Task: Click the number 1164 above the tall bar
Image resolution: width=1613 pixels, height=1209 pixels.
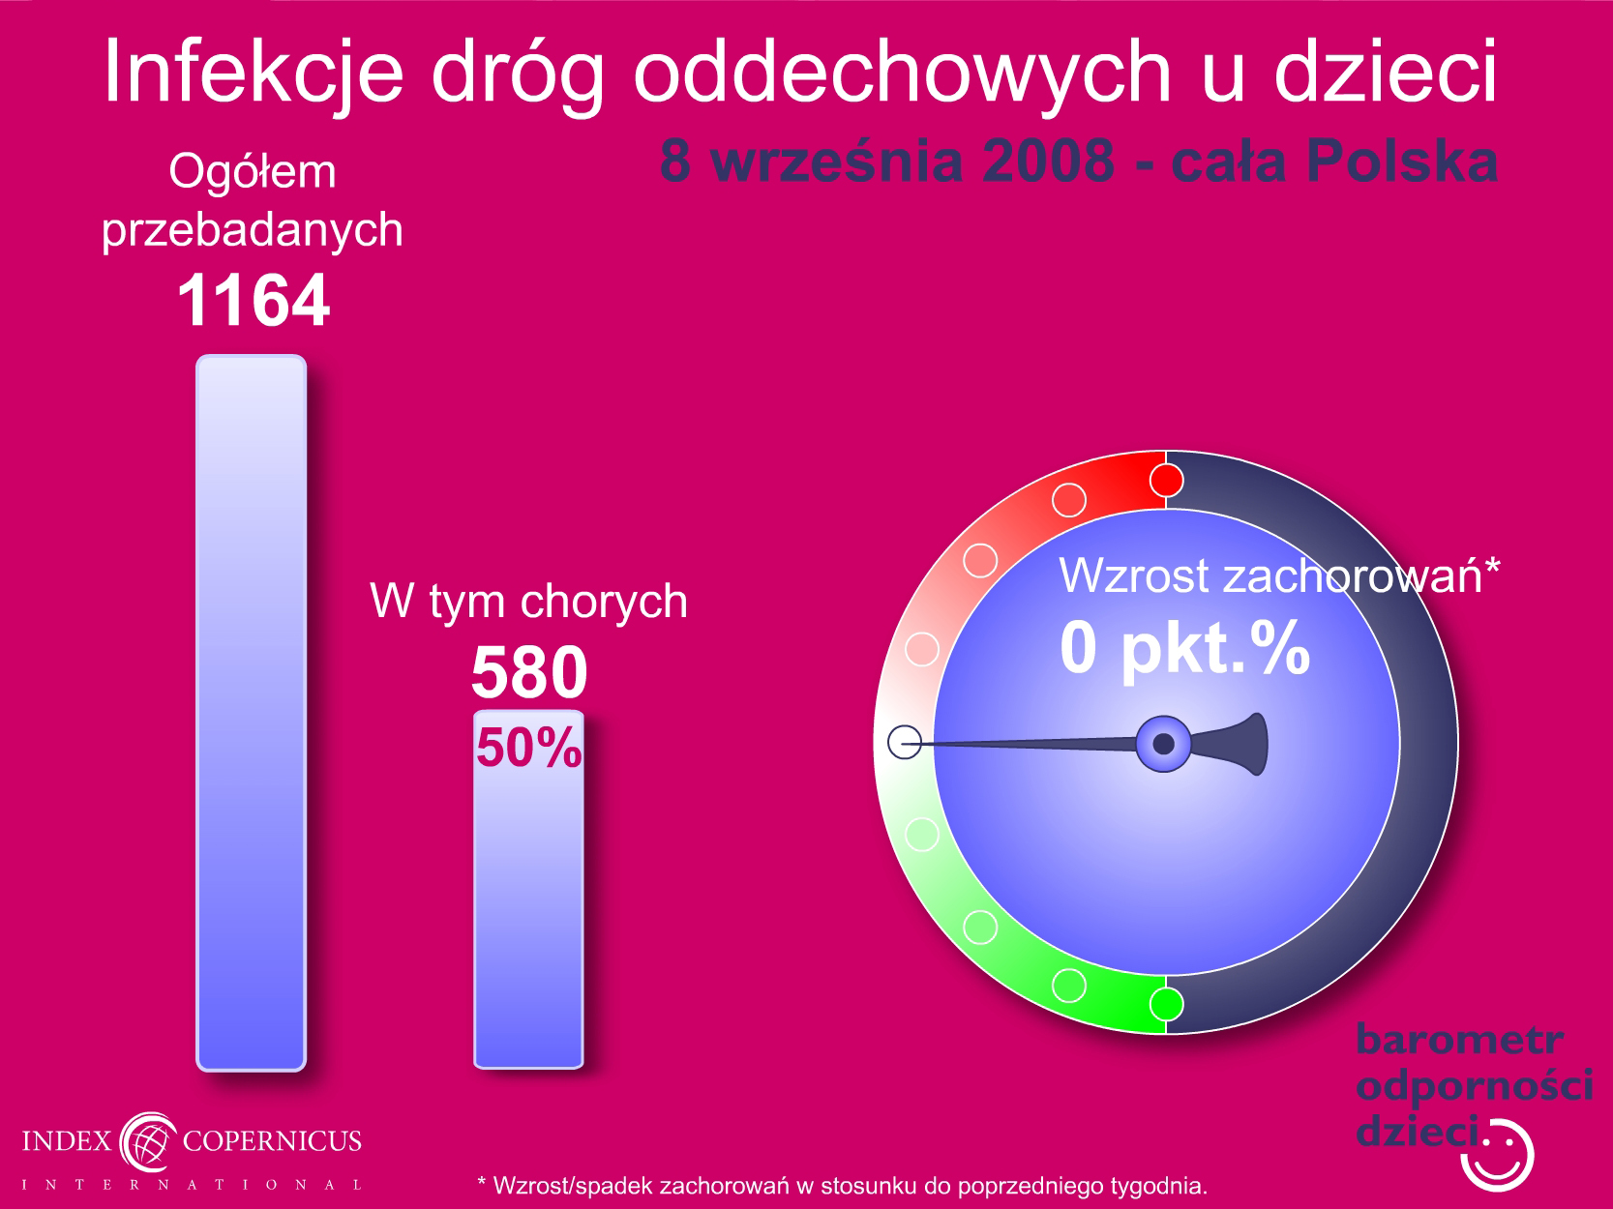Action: [x=254, y=300]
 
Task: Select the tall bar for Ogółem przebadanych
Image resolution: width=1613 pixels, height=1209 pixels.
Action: [x=252, y=713]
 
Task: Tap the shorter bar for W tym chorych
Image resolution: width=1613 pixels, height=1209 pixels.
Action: [x=529, y=889]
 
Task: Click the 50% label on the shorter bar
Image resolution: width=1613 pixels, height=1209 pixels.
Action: [x=529, y=748]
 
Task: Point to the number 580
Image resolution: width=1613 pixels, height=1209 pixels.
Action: [x=529, y=672]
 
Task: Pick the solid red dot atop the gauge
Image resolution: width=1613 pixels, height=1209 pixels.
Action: [x=1166, y=481]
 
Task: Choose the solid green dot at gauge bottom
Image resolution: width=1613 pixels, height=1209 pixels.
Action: [x=1166, y=1004]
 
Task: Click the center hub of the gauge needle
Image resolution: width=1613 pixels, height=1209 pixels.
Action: [x=1164, y=744]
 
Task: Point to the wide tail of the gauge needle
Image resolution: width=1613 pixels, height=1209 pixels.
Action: [x=1241, y=744]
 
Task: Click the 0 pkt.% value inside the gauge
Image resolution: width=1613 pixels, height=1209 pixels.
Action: [x=1184, y=649]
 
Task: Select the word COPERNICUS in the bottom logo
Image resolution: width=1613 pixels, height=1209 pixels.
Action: [x=272, y=1140]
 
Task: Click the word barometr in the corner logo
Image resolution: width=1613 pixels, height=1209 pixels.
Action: [x=1459, y=1040]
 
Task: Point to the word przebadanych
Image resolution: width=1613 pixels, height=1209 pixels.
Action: [x=252, y=230]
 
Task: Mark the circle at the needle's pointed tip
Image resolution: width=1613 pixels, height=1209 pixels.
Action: [x=905, y=742]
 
